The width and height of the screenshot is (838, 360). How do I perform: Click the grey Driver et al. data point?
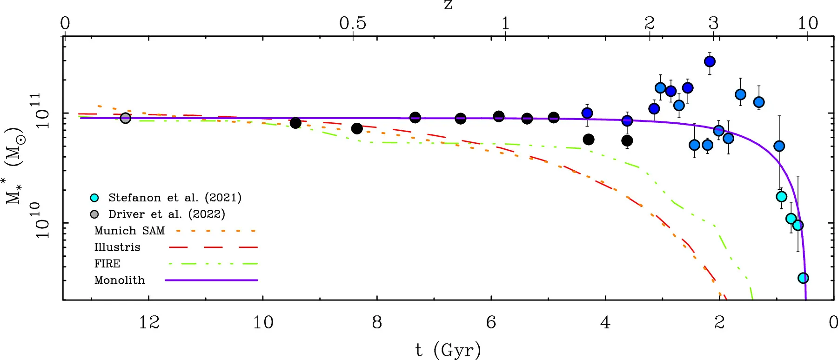pos(125,118)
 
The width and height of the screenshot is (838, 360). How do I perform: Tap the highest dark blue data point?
pos(710,61)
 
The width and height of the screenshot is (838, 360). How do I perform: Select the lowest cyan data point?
pos(803,278)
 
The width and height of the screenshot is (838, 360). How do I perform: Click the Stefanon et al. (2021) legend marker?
pos(94,198)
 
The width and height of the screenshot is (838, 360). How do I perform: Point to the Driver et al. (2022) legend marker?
pos(94,214)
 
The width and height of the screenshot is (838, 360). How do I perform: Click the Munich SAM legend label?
pos(129,231)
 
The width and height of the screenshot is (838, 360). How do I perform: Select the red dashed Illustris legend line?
pos(213,247)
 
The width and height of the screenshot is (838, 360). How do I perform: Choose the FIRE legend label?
pos(107,264)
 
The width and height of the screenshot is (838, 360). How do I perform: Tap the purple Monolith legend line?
pos(211,280)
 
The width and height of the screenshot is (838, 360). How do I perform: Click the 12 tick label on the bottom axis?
pos(149,322)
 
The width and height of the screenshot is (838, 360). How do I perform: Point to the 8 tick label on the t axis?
pos(377,322)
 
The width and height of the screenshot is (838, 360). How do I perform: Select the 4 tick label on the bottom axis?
pos(605,322)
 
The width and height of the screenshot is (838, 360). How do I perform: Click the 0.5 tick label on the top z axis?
pos(353,23)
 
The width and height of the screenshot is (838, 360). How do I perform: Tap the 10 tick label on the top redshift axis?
pos(808,23)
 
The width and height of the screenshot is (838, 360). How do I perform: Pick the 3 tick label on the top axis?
pos(713,23)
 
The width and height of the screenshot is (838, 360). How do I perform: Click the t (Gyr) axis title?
pos(448,350)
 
